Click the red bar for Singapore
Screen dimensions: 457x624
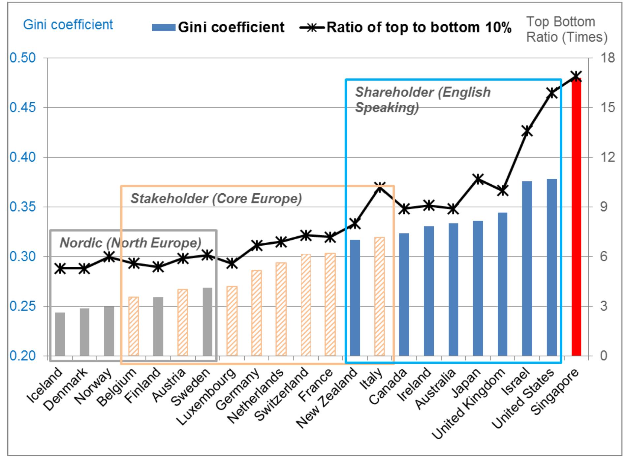tap(576, 218)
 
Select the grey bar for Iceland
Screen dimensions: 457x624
tap(60, 334)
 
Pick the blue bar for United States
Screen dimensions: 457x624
tap(552, 267)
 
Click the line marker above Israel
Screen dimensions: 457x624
tap(527, 131)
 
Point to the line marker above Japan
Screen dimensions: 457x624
tap(478, 179)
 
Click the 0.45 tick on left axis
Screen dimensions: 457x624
tap(22, 107)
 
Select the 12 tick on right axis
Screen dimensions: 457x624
tap(608, 157)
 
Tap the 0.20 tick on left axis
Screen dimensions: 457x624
tap(22, 356)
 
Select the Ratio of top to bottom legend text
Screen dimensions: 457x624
tap(419, 27)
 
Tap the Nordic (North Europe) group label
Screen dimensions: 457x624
tap(130, 243)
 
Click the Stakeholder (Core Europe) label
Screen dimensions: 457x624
tap(216, 198)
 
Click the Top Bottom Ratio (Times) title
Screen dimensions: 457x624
tap(566, 29)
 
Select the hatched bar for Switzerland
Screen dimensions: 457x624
tap(306, 305)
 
